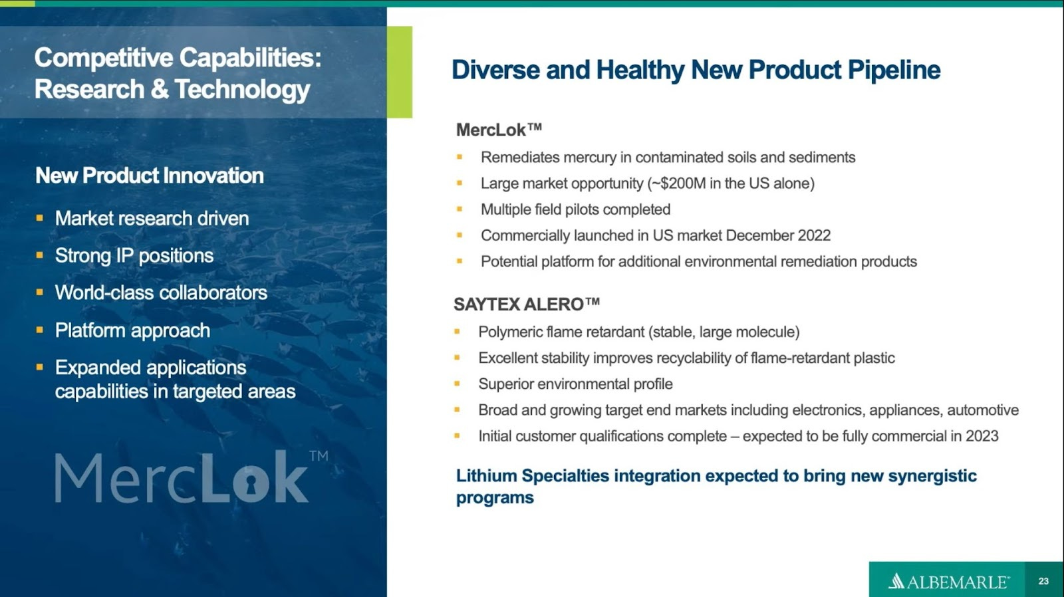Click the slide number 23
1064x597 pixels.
1043,581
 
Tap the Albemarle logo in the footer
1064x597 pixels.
948,582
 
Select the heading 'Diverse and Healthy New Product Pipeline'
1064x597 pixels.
696,70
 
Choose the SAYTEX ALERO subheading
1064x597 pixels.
526,304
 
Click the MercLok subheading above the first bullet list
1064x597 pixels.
499,130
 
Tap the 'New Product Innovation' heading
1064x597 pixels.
150,176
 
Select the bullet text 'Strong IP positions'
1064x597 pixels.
134,256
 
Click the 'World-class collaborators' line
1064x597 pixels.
161,293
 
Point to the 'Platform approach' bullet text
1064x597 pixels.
132,330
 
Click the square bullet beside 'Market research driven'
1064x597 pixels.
40,218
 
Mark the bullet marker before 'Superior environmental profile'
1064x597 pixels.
458,384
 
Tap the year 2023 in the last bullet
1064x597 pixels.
981,436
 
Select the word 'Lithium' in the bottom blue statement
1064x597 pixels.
486,476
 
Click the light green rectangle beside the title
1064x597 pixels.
399,72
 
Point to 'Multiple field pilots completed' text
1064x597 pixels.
575,209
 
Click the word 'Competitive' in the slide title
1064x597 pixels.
104,58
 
